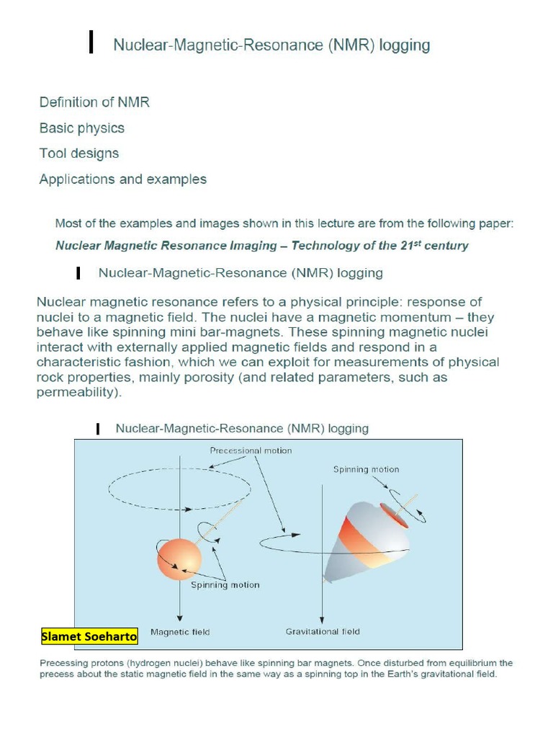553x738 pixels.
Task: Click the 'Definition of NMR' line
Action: tap(94, 102)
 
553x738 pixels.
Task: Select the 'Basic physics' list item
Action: tap(81, 128)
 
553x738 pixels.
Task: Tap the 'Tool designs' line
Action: tap(79, 154)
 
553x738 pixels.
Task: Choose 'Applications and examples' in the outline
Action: tap(122, 179)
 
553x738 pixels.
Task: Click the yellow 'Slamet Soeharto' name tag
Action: tap(89, 637)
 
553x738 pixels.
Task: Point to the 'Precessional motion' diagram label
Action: tap(251, 450)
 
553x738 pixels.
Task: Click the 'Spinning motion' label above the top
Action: tap(366, 469)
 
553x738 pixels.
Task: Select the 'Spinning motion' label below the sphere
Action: tap(225, 585)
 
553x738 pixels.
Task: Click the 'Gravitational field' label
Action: tap(323, 632)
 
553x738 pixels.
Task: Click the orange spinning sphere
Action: tap(179, 558)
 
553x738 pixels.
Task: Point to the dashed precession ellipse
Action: tap(179, 490)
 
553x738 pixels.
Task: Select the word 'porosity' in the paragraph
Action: tap(328, 378)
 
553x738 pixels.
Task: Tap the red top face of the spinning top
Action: tap(393, 516)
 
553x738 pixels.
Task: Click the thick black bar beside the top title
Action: tap(90, 43)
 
